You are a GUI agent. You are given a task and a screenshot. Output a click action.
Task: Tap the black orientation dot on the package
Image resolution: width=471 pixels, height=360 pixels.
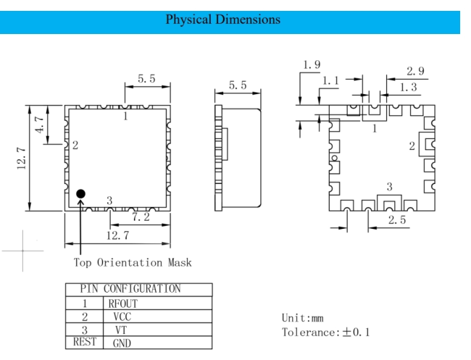80,193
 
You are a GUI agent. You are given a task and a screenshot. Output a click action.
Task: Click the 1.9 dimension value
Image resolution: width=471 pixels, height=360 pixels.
312,65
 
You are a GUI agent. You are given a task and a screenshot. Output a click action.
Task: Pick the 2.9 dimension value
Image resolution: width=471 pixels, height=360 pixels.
416,71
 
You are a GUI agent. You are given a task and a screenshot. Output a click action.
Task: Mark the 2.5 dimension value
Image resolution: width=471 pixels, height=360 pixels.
396,219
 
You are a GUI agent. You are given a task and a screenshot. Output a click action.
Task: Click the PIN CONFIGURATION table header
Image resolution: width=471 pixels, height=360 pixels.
138,290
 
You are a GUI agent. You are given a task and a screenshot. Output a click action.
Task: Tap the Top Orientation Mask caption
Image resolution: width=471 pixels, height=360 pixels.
133,262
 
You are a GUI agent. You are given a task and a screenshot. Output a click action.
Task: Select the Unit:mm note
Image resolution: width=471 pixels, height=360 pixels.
304,318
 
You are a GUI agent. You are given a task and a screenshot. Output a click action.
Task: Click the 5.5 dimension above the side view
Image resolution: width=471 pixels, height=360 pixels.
238,85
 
